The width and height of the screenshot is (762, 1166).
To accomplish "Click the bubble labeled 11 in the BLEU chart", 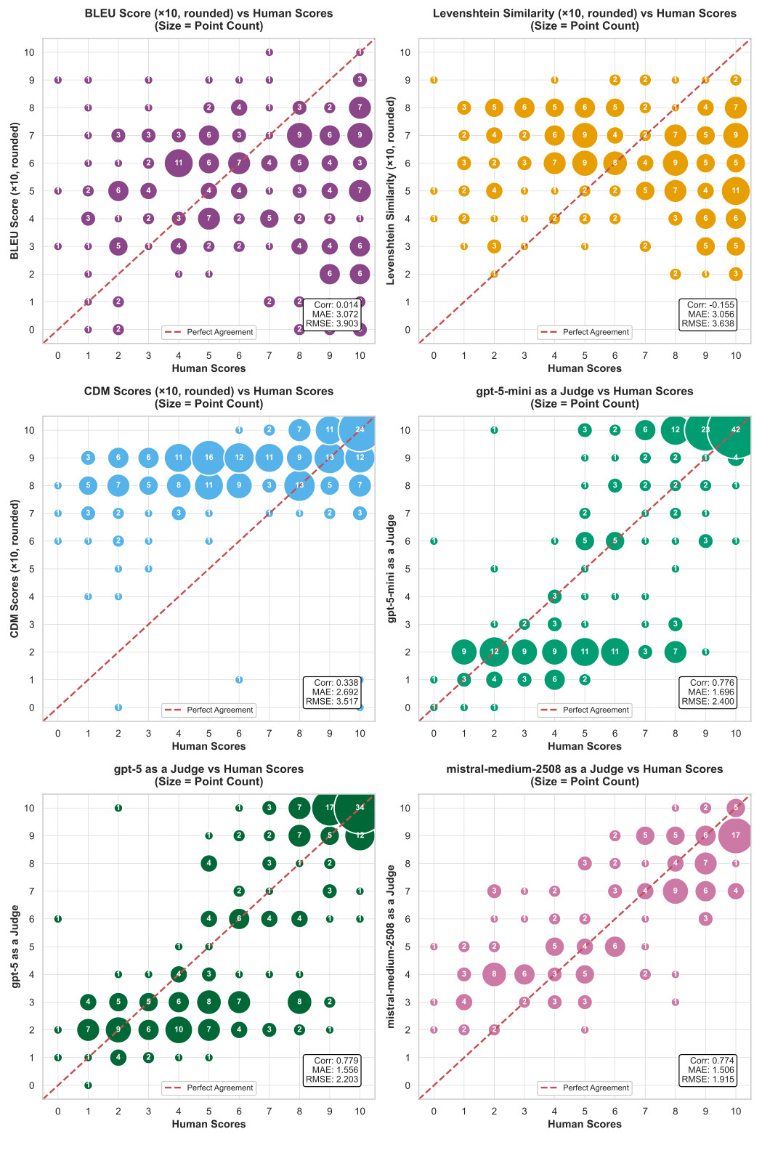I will tap(179, 163).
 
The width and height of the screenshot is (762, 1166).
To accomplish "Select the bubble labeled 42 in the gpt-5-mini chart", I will tap(735, 429).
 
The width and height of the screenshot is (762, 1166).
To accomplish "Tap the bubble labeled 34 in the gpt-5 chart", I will tap(360, 807).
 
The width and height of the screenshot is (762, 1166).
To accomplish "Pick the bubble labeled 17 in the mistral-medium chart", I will tap(735, 835).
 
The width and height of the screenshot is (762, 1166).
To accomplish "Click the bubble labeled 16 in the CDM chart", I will tap(208, 458).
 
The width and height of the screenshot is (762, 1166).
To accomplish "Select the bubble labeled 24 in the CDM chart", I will tap(360, 429).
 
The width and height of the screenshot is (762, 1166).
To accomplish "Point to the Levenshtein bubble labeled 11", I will tap(735, 191).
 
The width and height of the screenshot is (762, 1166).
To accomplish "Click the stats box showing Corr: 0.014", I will tap(332, 315).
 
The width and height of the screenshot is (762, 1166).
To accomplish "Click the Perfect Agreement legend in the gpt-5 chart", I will tap(208, 1088).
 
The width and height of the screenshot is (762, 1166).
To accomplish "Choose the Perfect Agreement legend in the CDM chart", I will tap(208, 710).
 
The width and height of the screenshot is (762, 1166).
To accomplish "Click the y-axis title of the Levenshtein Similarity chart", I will tap(392, 190).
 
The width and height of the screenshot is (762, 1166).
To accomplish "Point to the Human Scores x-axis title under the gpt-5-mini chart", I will tap(585, 746).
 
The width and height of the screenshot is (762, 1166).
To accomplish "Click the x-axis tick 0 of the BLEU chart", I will tap(58, 355).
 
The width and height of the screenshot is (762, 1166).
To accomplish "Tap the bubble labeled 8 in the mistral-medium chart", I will tap(494, 974).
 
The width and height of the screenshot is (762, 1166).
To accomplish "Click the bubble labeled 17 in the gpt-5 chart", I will tap(330, 807).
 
